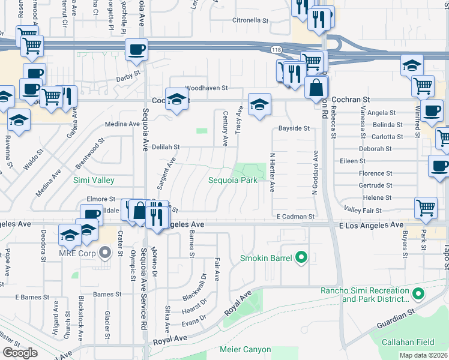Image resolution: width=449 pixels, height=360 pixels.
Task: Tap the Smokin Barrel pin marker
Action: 301,259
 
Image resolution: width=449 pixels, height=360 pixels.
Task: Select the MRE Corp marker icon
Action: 106,253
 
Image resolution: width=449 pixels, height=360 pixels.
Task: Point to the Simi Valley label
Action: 94,180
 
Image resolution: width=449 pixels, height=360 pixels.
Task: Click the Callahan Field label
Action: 408,342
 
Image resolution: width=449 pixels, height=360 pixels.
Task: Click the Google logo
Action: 20,352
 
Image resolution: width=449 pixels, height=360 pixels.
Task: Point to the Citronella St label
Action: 250,20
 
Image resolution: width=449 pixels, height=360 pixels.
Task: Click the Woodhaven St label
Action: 206,88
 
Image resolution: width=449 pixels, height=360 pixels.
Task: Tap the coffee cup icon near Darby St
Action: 137,49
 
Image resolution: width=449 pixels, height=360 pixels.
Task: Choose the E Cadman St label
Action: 296,216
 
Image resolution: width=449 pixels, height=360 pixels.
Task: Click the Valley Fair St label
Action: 363,209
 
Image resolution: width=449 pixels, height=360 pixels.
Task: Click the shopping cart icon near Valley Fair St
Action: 426,208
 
